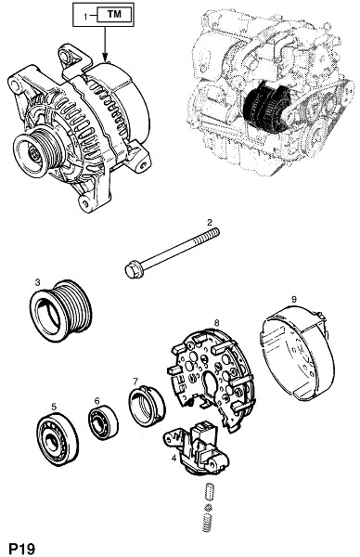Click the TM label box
(x=114, y=15)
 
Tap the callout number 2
(x=210, y=223)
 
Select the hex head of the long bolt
(x=134, y=270)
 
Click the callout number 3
(x=38, y=282)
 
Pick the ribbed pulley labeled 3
(x=60, y=310)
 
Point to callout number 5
(x=54, y=407)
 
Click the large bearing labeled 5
(x=58, y=440)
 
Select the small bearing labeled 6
(x=103, y=422)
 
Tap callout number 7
(x=135, y=382)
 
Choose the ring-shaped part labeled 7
(x=147, y=406)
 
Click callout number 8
(x=217, y=322)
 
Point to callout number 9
(x=293, y=299)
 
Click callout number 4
(x=174, y=459)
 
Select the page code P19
(x=22, y=548)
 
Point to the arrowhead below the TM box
(x=105, y=56)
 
